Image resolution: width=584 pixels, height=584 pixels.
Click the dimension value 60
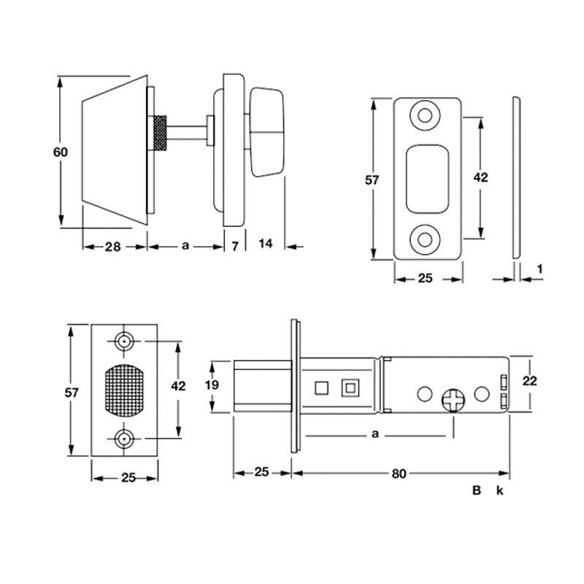(x=60, y=152)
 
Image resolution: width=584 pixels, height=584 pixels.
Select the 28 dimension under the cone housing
(x=112, y=246)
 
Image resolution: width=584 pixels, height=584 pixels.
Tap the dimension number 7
(x=234, y=246)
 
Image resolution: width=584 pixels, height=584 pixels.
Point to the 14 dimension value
(x=265, y=244)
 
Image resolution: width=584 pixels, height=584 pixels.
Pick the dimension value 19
(x=212, y=386)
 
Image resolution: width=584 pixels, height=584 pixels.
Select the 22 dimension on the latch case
(x=531, y=380)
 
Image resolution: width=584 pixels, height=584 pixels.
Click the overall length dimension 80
(x=399, y=474)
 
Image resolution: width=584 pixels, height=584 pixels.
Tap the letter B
(x=476, y=491)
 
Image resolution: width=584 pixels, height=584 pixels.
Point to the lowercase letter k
(x=499, y=491)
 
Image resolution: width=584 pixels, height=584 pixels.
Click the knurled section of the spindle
(x=160, y=133)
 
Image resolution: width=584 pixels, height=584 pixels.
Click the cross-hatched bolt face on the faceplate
(x=125, y=391)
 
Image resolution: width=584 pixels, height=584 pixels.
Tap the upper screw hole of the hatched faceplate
(x=125, y=342)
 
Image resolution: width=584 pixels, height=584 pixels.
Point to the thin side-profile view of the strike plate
(x=516, y=177)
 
